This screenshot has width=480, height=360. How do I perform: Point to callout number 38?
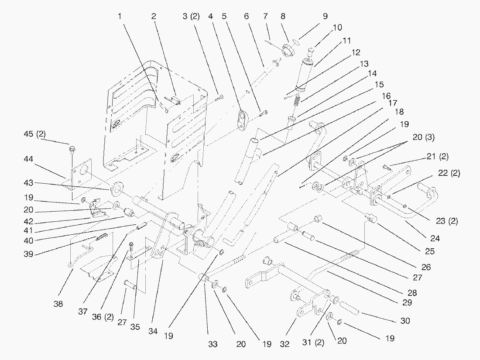(x=58, y=304)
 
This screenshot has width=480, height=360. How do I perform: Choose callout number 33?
(x=213, y=344)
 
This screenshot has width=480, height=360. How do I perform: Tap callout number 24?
(x=435, y=239)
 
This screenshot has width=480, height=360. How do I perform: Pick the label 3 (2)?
(x=191, y=16)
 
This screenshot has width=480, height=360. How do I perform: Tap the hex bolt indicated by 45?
(x=72, y=151)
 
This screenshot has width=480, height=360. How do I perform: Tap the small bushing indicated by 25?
(x=372, y=216)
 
